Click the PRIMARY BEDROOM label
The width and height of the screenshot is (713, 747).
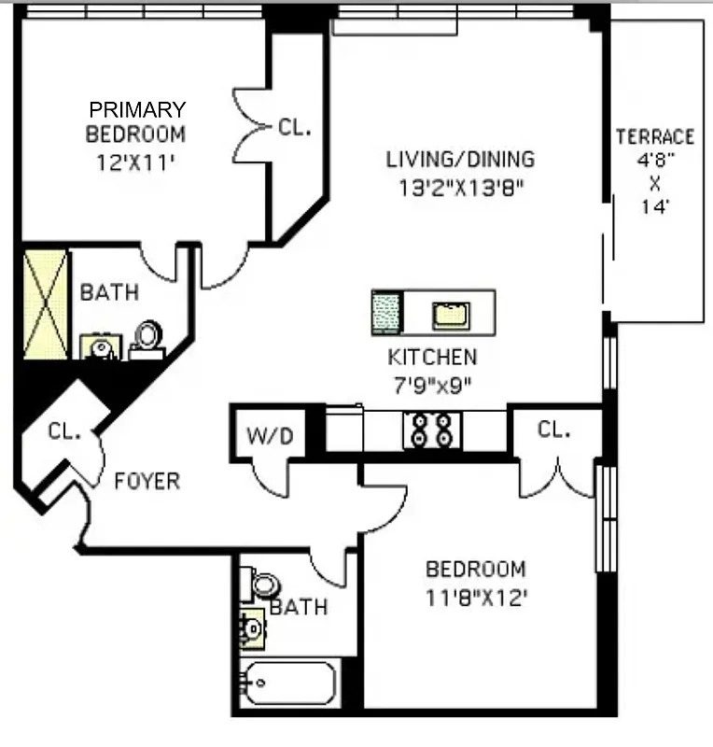click(x=136, y=121)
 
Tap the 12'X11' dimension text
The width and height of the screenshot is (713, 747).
click(x=136, y=161)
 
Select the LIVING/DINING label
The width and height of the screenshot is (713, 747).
click(x=460, y=159)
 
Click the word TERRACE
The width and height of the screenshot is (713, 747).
click(x=655, y=137)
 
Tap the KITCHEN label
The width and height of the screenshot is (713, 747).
click(x=432, y=357)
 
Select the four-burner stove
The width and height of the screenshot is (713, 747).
click(x=432, y=430)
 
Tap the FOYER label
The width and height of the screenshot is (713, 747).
click(x=147, y=482)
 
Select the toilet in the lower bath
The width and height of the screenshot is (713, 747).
click(x=263, y=585)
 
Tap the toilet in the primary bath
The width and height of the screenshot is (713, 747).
click(x=147, y=338)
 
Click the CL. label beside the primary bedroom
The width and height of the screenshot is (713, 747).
click(x=294, y=128)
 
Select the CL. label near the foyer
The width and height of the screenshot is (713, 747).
click(x=65, y=431)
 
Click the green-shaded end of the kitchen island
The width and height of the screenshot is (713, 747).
click(x=385, y=312)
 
